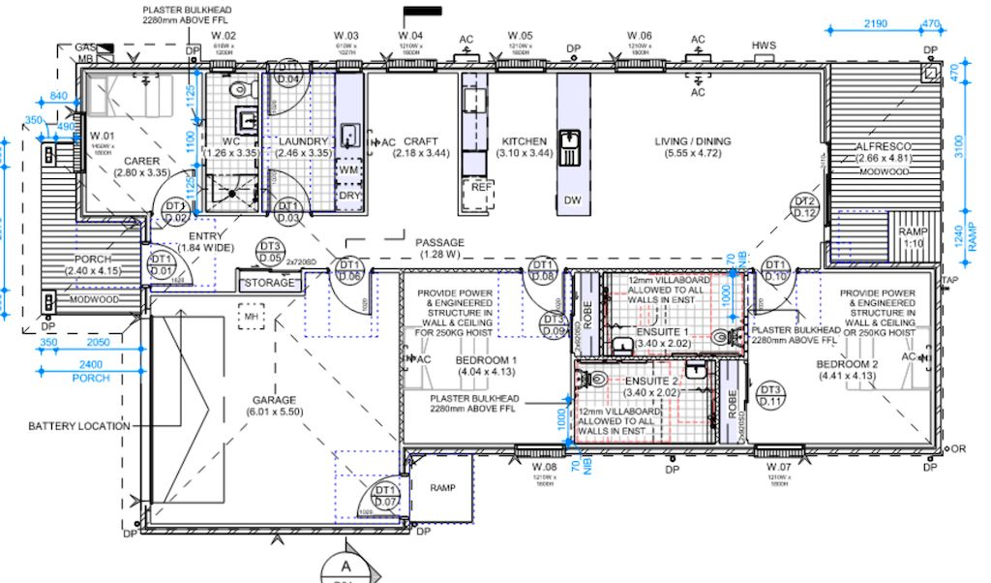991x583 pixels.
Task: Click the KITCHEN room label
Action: [x=524, y=141]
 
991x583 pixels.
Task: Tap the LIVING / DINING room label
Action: [x=692, y=141]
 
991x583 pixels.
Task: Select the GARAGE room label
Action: [x=274, y=400]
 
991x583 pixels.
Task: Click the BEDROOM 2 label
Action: [x=847, y=364]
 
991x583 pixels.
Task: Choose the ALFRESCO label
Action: [x=885, y=146]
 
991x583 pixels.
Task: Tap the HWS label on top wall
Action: [x=765, y=46]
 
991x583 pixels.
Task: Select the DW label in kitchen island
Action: [x=572, y=200]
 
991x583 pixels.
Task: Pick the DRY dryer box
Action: [x=348, y=195]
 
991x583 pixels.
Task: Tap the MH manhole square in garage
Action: [x=252, y=316]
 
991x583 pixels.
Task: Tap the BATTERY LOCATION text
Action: [x=78, y=426]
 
